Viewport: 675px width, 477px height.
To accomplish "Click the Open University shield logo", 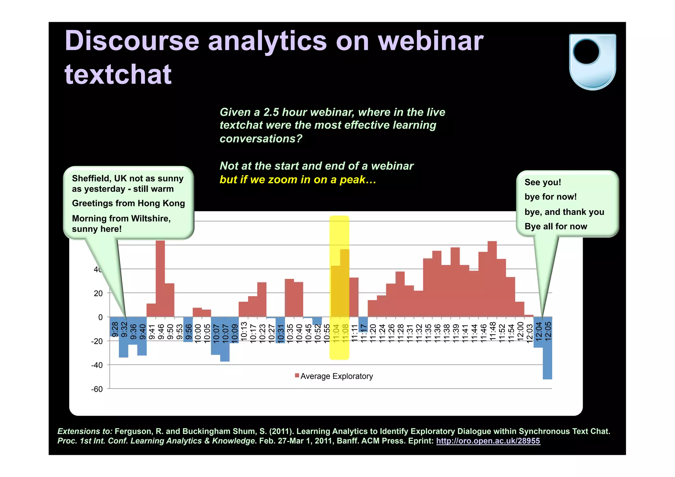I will click(592, 62).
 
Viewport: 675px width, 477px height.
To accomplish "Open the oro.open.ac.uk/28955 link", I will click(488, 441).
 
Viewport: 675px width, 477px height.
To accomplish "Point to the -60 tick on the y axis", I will click(97, 389).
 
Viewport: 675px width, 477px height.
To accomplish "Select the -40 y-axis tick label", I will click(97, 365).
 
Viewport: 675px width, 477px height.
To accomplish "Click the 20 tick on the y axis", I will click(98, 293).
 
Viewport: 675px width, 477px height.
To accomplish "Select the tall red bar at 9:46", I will click(160, 279).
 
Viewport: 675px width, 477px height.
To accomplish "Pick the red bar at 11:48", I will click(492, 279).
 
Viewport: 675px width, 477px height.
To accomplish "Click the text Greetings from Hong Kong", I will click(128, 203).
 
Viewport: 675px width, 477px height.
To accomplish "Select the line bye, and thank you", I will click(564, 212).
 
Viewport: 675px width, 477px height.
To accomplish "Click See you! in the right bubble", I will click(543, 182).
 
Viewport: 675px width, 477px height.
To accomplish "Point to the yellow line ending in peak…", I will click(298, 180).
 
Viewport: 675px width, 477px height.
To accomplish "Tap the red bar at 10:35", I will click(289, 298).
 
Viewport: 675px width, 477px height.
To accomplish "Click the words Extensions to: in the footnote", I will click(85, 431).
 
